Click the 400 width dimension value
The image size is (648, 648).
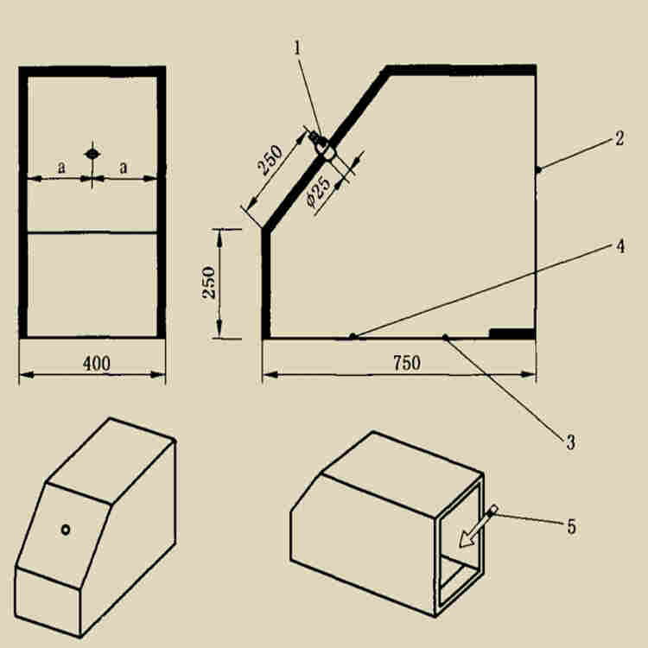(97, 364)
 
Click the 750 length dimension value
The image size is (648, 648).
(407, 363)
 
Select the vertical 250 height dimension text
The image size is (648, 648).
(209, 283)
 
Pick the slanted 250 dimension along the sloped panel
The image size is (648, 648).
(270, 160)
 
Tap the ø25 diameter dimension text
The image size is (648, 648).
(319, 190)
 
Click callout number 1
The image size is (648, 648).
(297, 48)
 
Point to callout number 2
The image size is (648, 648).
(619, 138)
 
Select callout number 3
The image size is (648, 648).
(571, 442)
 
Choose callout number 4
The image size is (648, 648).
(619, 247)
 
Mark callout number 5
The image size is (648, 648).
(571, 527)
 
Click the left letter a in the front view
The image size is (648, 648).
(61, 168)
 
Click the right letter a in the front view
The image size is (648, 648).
(124, 168)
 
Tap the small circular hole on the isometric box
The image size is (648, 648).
(66, 530)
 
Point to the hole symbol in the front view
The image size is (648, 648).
(92, 154)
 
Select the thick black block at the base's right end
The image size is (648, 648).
(512, 334)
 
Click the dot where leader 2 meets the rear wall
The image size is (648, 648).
(538, 169)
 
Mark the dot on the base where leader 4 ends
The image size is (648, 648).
(353, 336)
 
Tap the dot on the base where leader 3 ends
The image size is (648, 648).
(445, 337)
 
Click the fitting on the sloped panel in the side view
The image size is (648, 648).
(323, 145)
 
